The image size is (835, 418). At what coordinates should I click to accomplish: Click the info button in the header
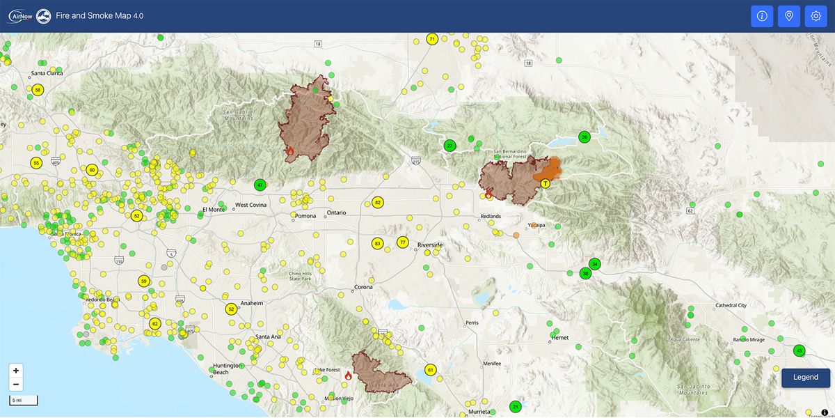[x=762, y=16]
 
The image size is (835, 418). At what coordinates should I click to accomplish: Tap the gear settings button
[x=816, y=16]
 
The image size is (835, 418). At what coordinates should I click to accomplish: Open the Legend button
[x=806, y=378]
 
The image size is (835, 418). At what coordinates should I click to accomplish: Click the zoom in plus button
[x=16, y=371]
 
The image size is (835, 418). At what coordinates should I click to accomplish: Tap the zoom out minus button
[x=16, y=385]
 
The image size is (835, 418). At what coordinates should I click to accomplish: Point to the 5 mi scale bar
[x=23, y=400]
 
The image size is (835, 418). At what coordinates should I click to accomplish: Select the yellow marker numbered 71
[x=432, y=39]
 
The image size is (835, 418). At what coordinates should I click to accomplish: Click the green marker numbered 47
[x=260, y=185]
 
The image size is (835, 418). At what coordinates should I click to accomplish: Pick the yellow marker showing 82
[x=378, y=203]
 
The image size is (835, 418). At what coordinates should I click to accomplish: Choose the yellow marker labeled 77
[x=402, y=242]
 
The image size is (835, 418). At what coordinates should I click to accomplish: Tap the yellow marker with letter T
[x=546, y=183]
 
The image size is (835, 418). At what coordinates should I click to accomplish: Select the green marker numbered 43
[x=799, y=350]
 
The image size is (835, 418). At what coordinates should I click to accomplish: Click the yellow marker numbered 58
[x=38, y=90]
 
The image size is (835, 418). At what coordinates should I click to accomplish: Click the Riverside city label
[x=430, y=245]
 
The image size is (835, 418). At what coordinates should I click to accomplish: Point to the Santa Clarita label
[x=47, y=73]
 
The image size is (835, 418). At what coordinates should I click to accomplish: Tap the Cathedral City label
[x=731, y=306]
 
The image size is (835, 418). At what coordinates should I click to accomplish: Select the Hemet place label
[x=559, y=338]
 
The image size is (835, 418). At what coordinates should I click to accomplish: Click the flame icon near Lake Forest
[x=348, y=376]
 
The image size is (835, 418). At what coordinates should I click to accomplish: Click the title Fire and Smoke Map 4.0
[x=100, y=16]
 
